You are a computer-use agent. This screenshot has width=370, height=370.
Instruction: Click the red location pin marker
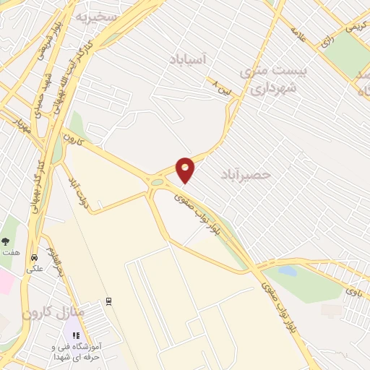[186, 168]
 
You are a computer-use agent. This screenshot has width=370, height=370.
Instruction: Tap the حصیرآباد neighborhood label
[242, 174]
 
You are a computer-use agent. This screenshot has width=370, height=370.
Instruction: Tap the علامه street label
[300, 34]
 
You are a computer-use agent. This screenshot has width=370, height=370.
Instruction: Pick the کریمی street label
[355, 25]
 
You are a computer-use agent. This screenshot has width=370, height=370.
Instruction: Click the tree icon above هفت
[6, 241]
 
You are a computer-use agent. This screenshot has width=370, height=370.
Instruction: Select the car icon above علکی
[33, 257]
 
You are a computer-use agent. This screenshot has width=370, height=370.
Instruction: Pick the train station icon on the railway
[109, 301]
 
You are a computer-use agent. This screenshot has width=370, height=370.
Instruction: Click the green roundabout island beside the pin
[157, 183]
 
